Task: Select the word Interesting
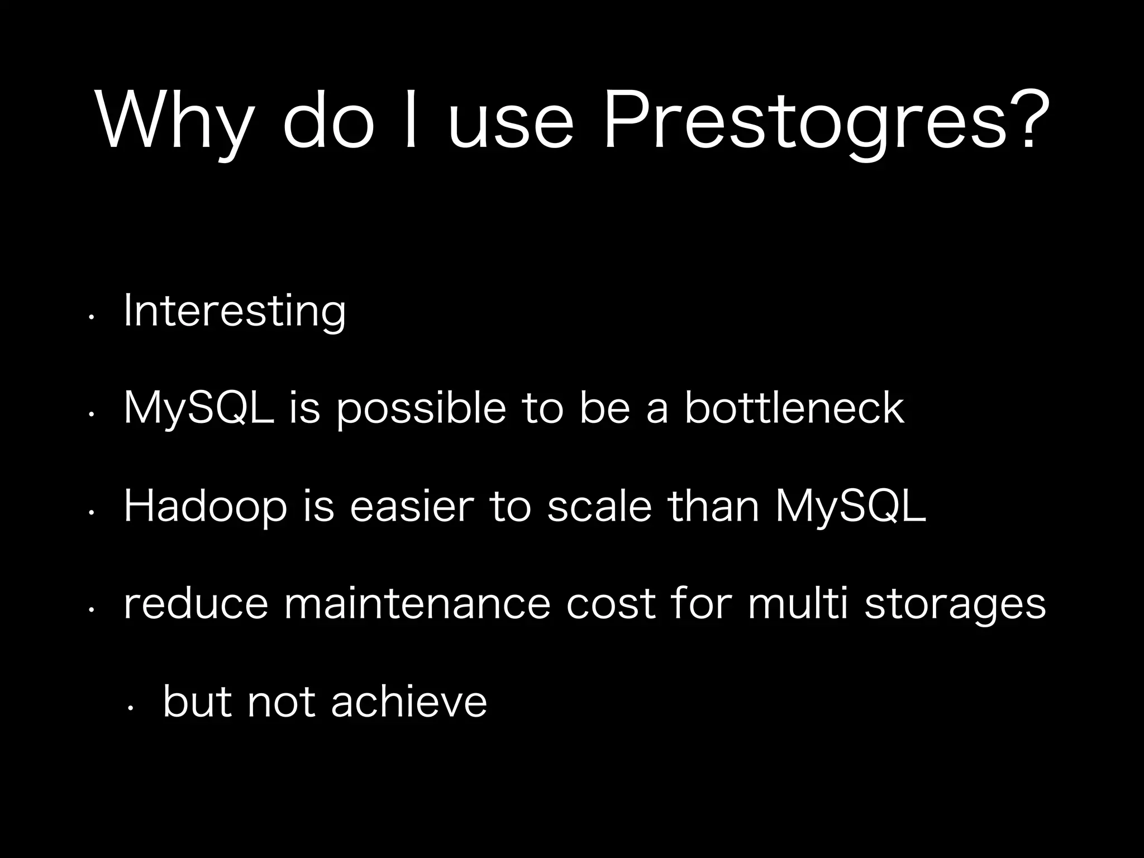click(x=235, y=311)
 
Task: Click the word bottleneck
click(x=794, y=408)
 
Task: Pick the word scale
click(x=599, y=506)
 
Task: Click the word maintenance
click(x=417, y=604)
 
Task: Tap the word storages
click(x=955, y=605)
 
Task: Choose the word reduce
click(x=196, y=604)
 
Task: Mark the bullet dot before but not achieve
click(x=129, y=708)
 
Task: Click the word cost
click(x=611, y=604)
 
